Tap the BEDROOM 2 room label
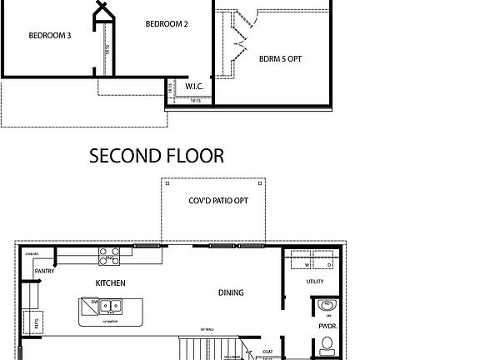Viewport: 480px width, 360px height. (167, 24)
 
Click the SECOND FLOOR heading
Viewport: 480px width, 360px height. (157, 155)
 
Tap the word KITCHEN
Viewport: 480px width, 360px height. (110, 283)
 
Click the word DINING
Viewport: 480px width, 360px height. (230, 292)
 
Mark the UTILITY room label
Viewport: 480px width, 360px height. (314, 282)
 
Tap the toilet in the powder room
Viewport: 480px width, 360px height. (326, 349)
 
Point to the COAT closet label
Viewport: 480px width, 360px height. (268, 351)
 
